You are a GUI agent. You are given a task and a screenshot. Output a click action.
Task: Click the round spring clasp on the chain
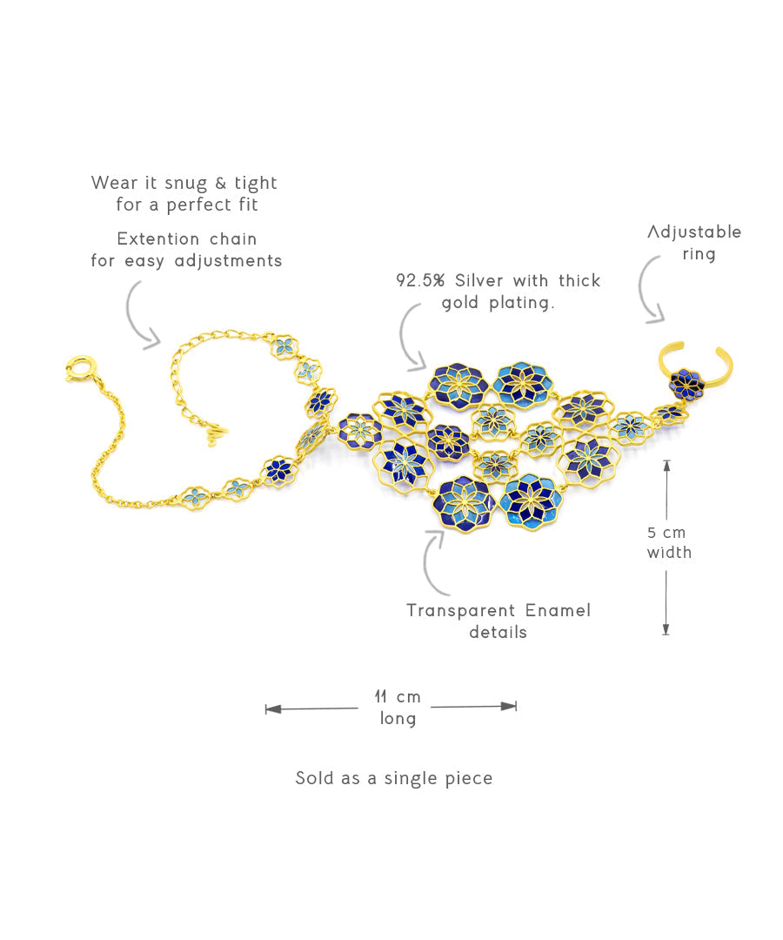pyautogui.click(x=78, y=370)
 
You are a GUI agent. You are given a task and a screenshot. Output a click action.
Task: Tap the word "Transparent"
pyautogui.click(x=460, y=610)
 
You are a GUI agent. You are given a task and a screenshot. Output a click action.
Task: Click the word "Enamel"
pyautogui.click(x=558, y=610)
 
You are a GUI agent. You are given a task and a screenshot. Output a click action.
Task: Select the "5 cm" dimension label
pyautogui.click(x=667, y=532)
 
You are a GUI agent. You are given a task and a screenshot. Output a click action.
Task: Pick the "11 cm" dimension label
pyautogui.click(x=398, y=696)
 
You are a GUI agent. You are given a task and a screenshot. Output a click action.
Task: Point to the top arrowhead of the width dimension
pyautogui.click(x=666, y=465)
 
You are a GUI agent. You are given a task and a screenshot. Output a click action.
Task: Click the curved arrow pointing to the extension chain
pyautogui.click(x=140, y=315)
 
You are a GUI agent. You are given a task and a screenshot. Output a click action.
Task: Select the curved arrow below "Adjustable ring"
pyautogui.click(x=649, y=292)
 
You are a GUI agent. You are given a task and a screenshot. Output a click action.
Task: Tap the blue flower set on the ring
pyautogui.click(x=687, y=383)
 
